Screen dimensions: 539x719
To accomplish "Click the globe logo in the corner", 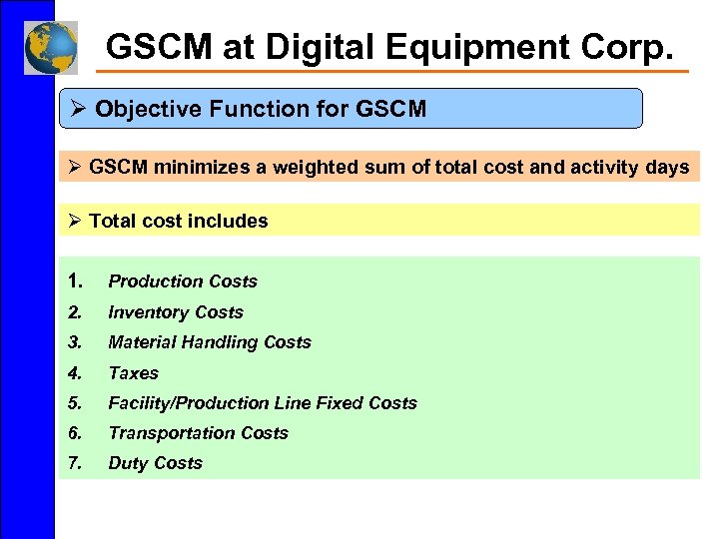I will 50,47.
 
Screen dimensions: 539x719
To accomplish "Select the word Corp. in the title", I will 635,47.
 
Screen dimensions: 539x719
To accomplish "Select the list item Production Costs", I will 183,281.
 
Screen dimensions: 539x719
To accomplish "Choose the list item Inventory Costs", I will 176,312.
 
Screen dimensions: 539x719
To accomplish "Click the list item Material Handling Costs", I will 210,342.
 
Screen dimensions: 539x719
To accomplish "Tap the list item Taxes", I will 134,373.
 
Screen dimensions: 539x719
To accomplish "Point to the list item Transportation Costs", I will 198,433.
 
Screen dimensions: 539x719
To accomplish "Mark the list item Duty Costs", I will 156,463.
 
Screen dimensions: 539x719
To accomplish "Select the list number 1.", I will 76,281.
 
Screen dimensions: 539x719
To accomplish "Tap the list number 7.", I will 75,463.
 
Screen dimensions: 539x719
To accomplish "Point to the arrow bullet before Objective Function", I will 79,109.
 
